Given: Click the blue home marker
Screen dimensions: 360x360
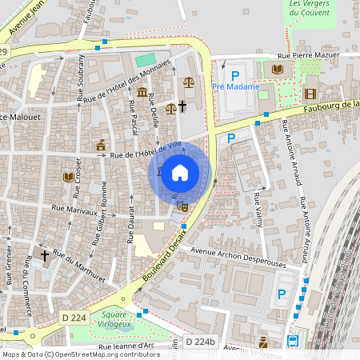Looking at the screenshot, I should tap(180, 172).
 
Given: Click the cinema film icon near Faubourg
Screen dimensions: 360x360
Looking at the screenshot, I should tap(310, 94).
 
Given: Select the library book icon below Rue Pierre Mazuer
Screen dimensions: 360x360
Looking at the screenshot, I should tap(277, 70).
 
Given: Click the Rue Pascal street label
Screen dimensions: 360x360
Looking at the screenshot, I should tap(132, 118).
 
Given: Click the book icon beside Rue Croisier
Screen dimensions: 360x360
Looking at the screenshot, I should tap(69, 176).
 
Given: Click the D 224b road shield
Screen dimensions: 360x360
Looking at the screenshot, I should tap(201, 342).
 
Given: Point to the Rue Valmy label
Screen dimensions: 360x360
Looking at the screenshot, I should tap(258, 210).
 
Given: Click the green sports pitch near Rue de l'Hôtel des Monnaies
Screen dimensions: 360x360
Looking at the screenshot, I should tap(145, 61).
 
